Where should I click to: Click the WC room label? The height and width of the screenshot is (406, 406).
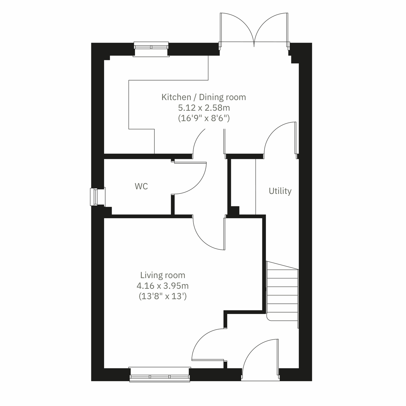[x=141, y=186]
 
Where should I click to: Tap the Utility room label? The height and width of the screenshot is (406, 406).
[x=280, y=191]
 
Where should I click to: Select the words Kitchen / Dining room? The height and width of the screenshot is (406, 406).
[x=203, y=97]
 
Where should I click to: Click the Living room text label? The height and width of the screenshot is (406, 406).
[x=163, y=275]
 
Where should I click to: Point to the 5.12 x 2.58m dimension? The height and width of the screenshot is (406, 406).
[x=203, y=108]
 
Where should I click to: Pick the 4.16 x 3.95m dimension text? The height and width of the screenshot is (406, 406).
[x=163, y=286]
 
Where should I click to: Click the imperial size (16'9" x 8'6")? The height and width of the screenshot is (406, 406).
[x=203, y=118]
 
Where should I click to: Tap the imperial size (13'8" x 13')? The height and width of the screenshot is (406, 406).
[x=163, y=296]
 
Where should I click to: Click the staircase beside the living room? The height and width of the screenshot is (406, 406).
[x=283, y=291]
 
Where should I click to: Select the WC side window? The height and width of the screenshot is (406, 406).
[x=94, y=197]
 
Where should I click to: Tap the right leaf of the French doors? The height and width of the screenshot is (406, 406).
[x=272, y=29]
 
